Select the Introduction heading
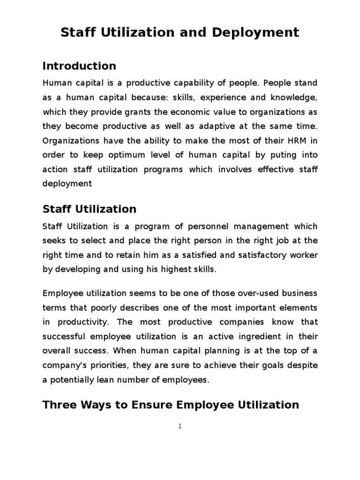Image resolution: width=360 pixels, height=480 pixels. (x=79, y=66)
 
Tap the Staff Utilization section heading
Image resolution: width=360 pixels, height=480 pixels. (x=90, y=209)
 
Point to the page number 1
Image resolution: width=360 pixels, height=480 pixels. (x=180, y=426)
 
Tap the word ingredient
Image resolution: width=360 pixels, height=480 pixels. (x=263, y=337)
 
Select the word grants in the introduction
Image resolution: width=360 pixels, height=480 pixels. (x=115, y=112)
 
